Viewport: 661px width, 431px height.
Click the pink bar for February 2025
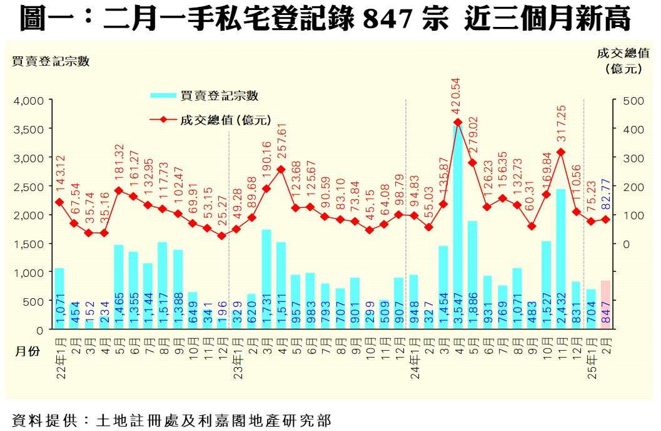click(605, 304)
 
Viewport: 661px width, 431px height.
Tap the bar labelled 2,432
click(561, 259)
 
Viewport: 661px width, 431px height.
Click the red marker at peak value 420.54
click(458, 123)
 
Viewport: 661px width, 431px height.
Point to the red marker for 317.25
click(561, 152)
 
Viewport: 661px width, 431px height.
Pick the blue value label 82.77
click(605, 183)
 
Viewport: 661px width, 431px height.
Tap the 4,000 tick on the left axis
click(28, 100)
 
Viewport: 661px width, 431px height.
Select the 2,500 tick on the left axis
click(28, 186)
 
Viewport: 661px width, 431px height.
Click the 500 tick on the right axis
click(630, 100)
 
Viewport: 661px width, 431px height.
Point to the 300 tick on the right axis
click(630, 158)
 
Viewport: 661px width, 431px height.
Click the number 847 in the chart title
click(388, 20)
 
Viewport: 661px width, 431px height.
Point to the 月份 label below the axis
click(28, 351)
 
